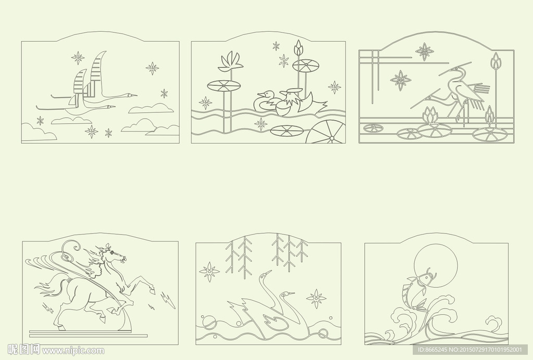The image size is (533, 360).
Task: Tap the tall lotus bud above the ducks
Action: (x=298, y=47)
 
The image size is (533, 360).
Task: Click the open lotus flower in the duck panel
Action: (x=231, y=62)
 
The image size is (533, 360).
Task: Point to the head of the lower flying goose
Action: (x=110, y=107)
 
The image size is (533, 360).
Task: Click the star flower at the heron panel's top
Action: (x=425, y=52)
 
